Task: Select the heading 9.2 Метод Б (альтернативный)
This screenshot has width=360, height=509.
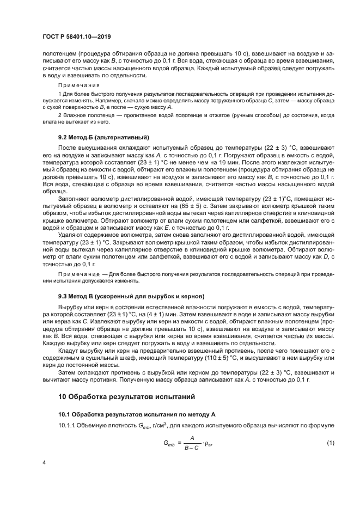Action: (103, 137)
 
